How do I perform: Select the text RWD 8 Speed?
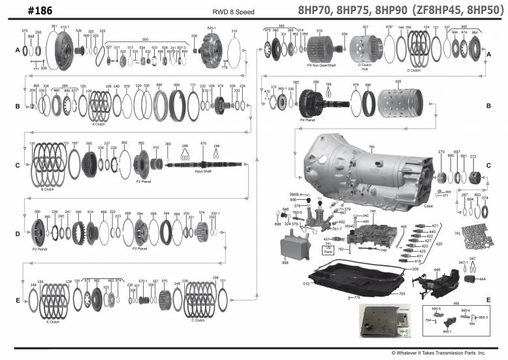233,12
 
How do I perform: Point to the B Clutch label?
46,189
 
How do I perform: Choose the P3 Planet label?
139,248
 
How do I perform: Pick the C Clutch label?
198,319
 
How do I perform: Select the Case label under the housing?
428,206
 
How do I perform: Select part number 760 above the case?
372,148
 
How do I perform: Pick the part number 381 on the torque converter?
54,27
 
